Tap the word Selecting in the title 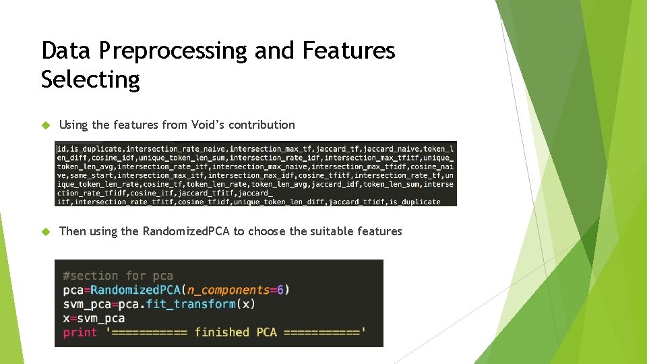pyautogui.click(x=90, y=80)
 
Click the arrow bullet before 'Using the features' pyautogui.click(x=46, y=125)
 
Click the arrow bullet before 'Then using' pyautogui.click(x=46, y=232)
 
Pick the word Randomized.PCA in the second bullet pyautogui.click(x=186, y=232)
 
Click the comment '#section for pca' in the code pyautogui.click(x=118, y=276)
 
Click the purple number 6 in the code pyautogui.click(x=280, y=290)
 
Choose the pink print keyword pyautogui.click(x=80, y=332)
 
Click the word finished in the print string pyautogui.click(x=222, y=332)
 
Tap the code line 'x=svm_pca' pyautogui.click(x=94, y=318)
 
